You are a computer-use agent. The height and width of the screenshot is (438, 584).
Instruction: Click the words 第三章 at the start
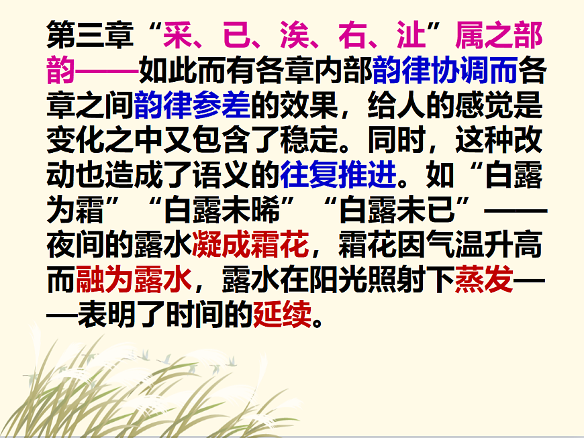[90, 34]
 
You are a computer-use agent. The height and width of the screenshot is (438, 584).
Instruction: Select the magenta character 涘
[298, 34]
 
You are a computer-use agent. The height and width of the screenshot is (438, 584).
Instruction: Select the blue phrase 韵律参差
[193, 105]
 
